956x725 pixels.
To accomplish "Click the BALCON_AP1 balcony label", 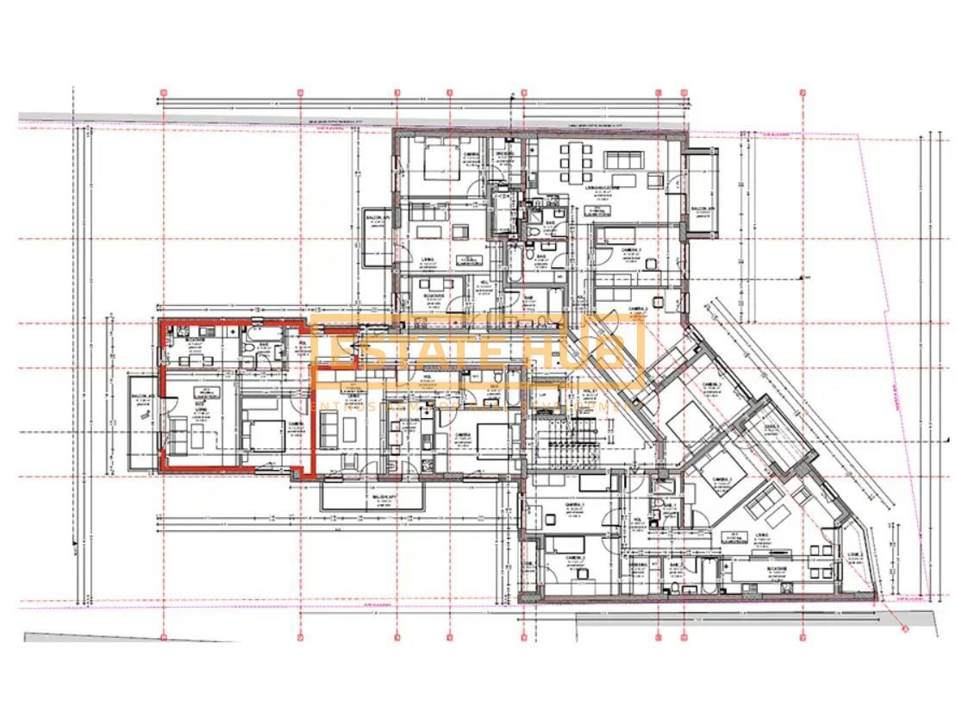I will (384, 498).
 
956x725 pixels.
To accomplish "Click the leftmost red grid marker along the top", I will (163, 91).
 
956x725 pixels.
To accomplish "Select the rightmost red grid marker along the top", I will (802, 91).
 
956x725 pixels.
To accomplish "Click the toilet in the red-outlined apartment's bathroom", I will (247, 347).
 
